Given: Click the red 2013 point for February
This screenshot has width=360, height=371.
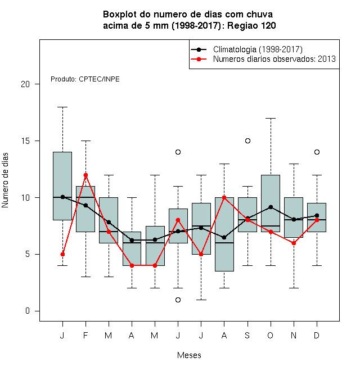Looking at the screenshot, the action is [x=85, y=175].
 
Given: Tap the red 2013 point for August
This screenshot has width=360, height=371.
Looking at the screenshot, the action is [x=224, y=197].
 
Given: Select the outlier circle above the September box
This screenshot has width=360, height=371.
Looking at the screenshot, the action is [x=247, y=141].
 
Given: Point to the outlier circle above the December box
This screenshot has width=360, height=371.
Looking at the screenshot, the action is [x=317, y=152].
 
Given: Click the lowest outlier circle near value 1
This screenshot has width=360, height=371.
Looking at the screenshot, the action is [x=178, y=300].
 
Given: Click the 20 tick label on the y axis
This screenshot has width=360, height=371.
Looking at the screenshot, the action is [x=25, y=84].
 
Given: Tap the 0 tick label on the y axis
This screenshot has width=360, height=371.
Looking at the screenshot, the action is [x=28, y=311].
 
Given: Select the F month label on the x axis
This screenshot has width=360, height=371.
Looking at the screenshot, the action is [x=85, y=335].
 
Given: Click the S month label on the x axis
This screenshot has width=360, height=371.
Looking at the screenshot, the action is [x=247, y=335].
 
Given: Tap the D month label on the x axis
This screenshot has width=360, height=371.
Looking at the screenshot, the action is [x=317, y=335].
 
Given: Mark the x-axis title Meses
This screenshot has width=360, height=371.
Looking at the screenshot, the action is [x=189, y=355].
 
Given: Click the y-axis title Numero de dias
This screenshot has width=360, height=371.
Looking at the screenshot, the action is [x=5, y=180].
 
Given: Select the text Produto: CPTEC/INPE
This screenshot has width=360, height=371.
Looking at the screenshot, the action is [x=85, y=79].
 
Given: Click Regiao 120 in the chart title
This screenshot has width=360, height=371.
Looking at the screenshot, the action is [x=251, y=25].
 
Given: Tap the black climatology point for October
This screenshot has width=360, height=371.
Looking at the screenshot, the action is [x=271, y=207].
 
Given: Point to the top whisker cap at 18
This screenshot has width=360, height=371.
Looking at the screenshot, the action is [x=62, y=107].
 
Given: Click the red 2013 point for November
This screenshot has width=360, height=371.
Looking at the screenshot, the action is [x=294, y=243].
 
